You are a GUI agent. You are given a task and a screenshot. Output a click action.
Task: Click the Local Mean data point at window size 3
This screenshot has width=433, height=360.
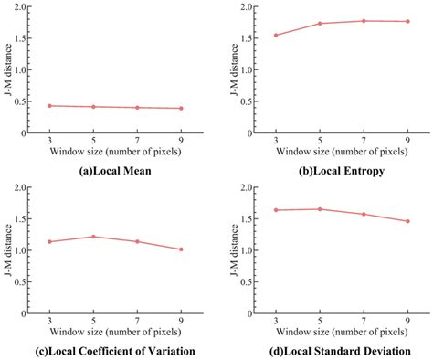coord(49,106)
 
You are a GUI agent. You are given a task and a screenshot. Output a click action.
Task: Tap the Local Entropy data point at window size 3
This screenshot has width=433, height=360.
coord(276,36)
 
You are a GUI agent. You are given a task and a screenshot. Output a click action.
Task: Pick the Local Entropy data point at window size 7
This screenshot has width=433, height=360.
coord(364,21)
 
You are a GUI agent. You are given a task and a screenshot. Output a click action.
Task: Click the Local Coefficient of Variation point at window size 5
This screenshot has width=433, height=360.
coord(93,237)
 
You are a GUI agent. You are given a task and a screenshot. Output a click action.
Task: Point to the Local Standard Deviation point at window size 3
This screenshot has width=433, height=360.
coord(276,210)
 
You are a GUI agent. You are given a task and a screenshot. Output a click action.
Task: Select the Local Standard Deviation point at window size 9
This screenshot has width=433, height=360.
coord(407,221)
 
